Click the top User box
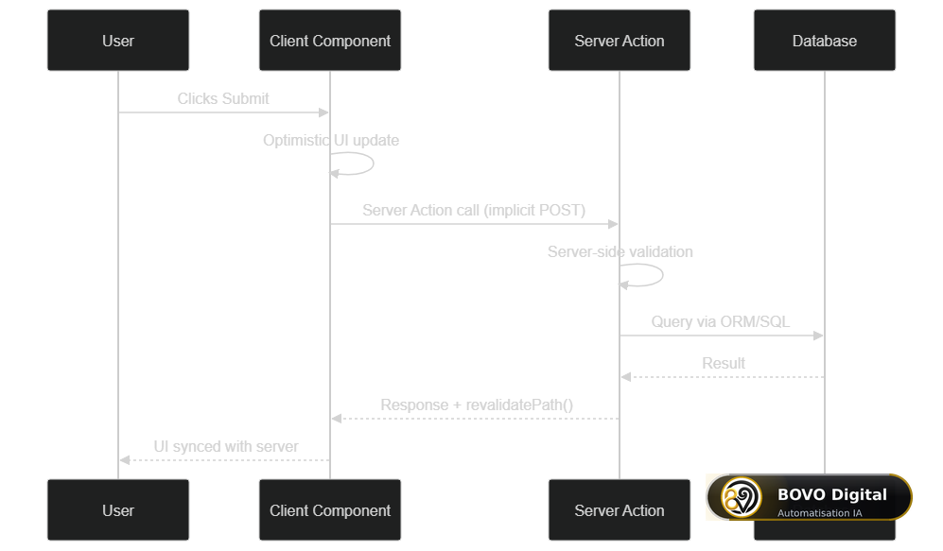pos(118,41)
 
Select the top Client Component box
pos(329,41)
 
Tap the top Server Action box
pos(619,41)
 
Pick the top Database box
pos(825,41)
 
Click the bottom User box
pos(118,510)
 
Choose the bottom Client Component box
pos(329,510)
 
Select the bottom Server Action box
pos(619,510)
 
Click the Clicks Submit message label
pos(223,98)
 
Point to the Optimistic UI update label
pos(331,140)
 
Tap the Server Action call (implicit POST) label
pos(474,211)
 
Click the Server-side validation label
pos(620,251)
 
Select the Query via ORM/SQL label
pos(721,321)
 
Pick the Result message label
pos(724,364)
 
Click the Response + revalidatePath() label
pos(477,405)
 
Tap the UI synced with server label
pos(225,446)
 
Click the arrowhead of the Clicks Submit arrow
pos(323,112)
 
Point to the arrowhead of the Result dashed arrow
pos(626,377)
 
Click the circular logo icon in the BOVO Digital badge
pos(742,497)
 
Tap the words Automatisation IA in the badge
pos(819,513)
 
